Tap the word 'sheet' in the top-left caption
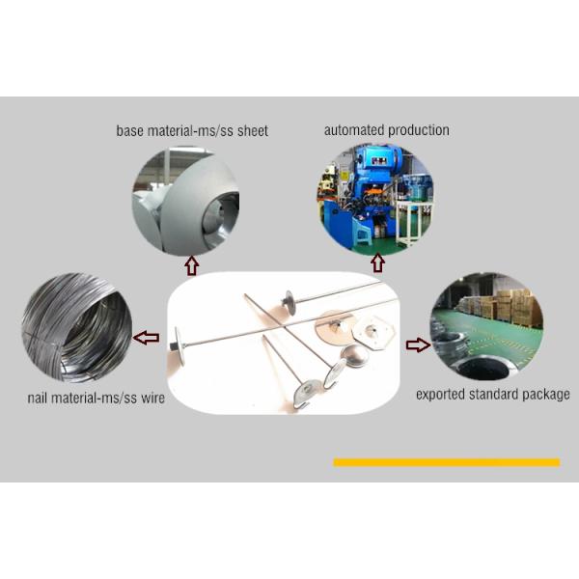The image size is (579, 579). [253, 131]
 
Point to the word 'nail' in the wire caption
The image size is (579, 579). [37, 398]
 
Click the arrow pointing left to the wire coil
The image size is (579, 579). [147, 338]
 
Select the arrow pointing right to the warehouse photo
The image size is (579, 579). [419, 345]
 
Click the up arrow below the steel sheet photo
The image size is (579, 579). [192, 265]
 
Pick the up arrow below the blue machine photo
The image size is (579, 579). [377, 262]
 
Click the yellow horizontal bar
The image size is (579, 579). [447, 462]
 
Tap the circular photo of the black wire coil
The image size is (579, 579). [77, 327]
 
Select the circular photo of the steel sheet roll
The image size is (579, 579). [185, 202]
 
